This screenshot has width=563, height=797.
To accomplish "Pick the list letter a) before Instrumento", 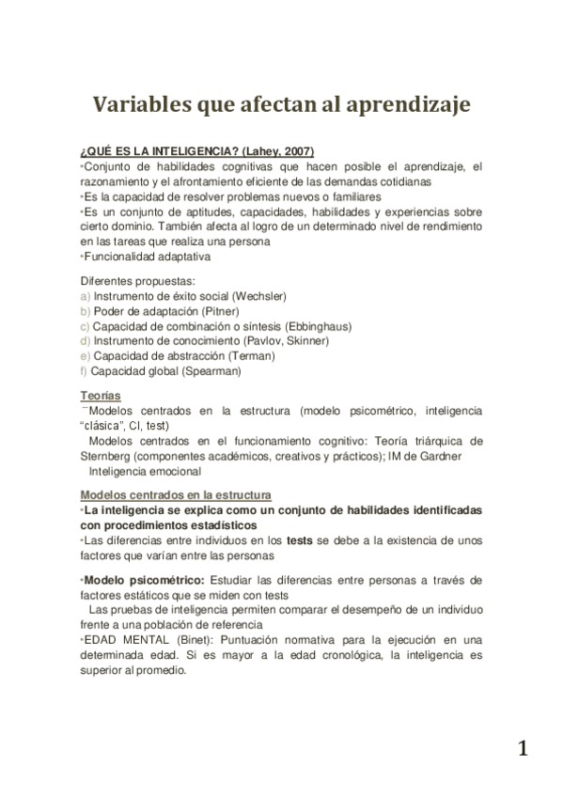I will (86, 295).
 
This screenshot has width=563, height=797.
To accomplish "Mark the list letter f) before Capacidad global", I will (85, 370).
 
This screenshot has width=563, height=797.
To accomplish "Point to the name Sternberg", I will (107, 456).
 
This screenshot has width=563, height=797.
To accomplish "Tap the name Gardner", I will (461, 456).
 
